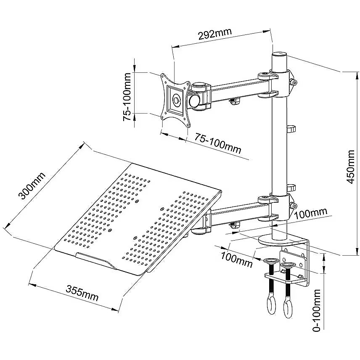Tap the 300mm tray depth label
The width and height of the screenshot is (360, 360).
[32, 187]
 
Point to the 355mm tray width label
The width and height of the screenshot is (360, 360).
[82, 293]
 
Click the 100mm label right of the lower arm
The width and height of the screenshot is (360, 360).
[311, 213]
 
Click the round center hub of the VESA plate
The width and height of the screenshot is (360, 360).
[176, 101]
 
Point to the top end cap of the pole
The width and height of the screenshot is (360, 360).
[279, 55]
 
